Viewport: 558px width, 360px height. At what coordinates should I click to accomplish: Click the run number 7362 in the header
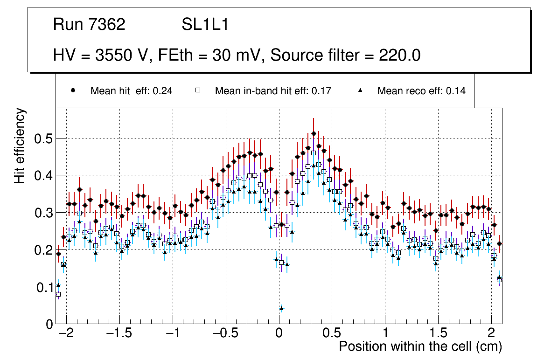(x=107, y=25)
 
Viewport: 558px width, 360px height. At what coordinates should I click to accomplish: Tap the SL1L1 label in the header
(x=205, y=25)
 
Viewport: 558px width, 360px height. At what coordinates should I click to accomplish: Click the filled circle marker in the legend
(x=73, y=90)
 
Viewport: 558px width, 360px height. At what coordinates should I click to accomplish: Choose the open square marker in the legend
(x=197, y=90)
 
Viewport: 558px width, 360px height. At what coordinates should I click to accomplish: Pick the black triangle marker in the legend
(x=360, y=90)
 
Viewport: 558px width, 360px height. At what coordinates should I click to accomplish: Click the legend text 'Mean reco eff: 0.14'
(x=421, y=91)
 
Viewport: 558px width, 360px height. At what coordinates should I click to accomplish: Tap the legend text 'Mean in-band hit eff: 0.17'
(x=273, y=91)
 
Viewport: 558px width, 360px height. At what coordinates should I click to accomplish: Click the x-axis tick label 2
(x=491, y=334)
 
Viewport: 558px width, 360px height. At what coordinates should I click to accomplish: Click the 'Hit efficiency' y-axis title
(x=20, y=145)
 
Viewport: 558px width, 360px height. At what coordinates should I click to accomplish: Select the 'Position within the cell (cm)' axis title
(x=420, y=347)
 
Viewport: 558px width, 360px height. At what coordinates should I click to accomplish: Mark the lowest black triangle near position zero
(x=281, y=308)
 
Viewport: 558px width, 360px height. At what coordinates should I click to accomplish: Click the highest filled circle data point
(x=314, y=133)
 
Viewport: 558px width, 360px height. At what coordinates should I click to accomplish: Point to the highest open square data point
(x=314, y=152)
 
